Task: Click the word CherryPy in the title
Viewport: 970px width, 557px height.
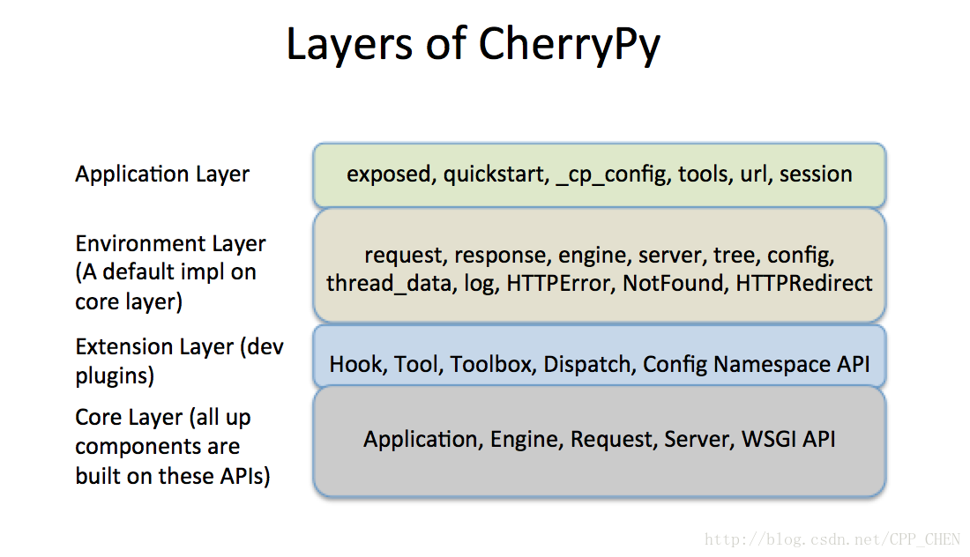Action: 569,45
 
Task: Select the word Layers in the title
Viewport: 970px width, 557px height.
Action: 349,45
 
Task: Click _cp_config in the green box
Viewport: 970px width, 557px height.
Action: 613,175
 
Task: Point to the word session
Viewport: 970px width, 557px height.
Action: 816,175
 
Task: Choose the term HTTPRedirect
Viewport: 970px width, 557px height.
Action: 803,283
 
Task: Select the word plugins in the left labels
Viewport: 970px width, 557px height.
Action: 115,376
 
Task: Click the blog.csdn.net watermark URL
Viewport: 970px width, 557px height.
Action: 832,539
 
